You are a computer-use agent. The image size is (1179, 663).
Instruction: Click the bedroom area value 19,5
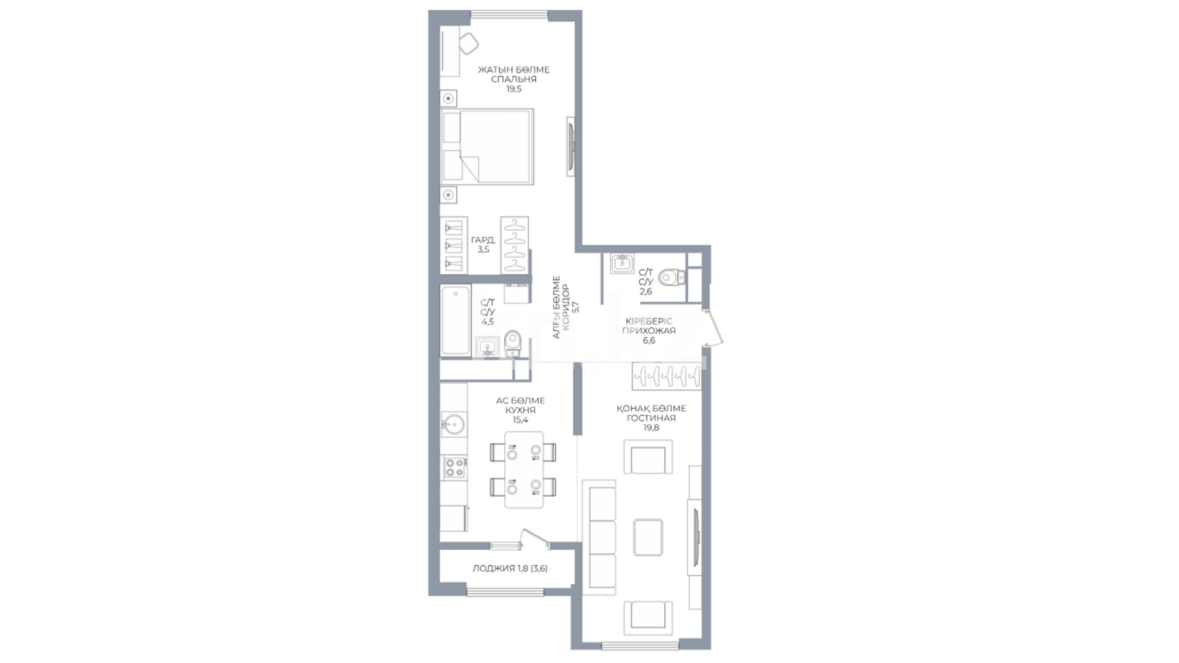tap(514, 89)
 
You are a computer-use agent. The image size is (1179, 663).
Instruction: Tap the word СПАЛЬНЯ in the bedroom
tap(514, 79)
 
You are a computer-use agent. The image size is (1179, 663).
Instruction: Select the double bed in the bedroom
tap(487, 147)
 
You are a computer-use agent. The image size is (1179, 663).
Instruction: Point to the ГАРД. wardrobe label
tap(483, 240)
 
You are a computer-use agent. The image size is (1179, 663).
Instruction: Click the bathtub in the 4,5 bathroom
tap(456, 320)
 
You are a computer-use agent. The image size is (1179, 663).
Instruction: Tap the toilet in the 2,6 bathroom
tap(671, 278)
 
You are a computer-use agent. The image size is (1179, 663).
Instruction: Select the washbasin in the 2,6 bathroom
tap(623, 263)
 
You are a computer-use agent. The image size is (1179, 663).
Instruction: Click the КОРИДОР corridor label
tap(566, 307)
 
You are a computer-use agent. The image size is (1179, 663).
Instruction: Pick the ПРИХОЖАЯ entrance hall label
tap(649, 330)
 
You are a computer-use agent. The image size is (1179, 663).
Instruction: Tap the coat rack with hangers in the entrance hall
tap(666, 375)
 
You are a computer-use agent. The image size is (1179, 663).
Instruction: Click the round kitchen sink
tap(454, 424)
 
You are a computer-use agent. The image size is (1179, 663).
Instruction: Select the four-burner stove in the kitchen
tap(454, 468)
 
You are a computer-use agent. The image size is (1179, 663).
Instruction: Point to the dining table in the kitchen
tap(524, 470)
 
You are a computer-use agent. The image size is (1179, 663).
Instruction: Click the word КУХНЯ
tap(520, 410)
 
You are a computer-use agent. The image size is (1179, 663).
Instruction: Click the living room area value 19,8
tap(651, 428)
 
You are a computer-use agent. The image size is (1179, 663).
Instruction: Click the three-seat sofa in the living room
tap(599, 537)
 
